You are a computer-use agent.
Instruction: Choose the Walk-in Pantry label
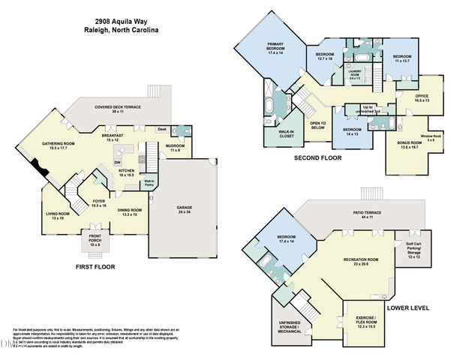click(x=149, y=182)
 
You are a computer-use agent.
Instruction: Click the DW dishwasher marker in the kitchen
click(x=117, y=163)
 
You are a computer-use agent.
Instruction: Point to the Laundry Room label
click(x=355, y=73)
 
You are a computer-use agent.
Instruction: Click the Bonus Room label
click(x=409, y=144)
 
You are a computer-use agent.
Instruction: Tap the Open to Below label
click(x=317, y=126)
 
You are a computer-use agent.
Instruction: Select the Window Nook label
click(x=431, y=136)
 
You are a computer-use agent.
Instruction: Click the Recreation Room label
click(x=360, y=262)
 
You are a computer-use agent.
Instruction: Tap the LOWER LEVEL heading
click(x=407, y=307)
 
